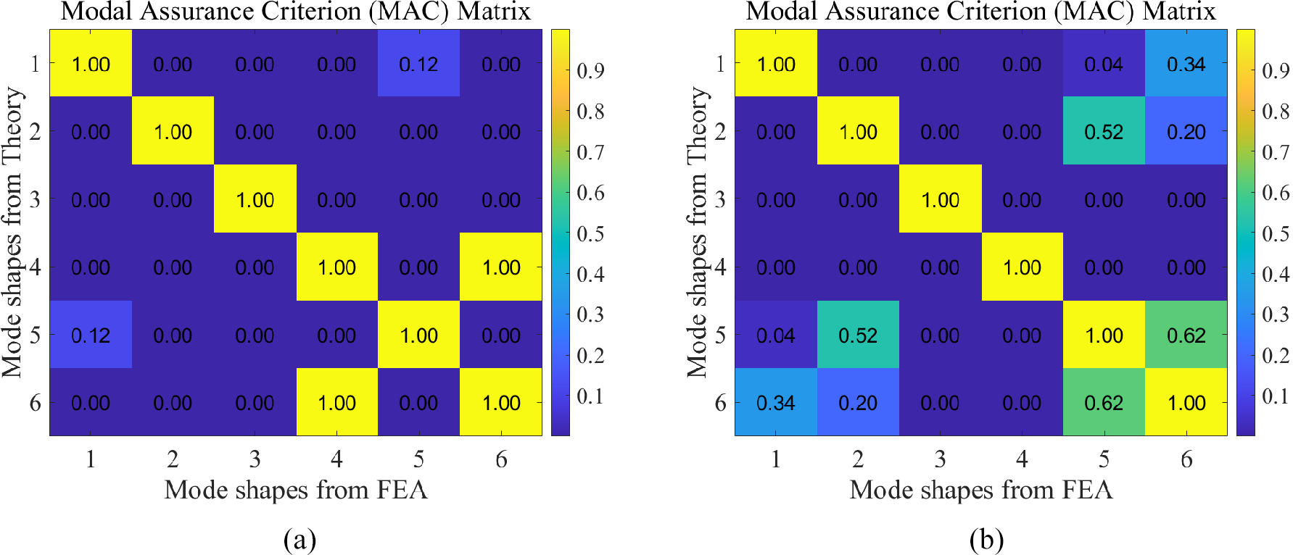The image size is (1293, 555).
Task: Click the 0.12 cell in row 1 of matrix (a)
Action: tap(418, 64)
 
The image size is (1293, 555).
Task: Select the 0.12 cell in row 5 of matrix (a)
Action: tap(91, 335)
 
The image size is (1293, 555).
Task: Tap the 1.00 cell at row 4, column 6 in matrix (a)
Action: tap(501, 267)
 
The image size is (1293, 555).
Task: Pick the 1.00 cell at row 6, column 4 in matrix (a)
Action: tap(336, 403)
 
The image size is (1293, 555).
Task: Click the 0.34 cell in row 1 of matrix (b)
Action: tap(1186, 64)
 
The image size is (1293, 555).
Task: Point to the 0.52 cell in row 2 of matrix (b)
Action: tap(1104, 132)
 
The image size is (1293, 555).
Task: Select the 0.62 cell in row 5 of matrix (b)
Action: tap(1186, 335)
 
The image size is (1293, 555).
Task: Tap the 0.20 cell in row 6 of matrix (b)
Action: tap(858, 403)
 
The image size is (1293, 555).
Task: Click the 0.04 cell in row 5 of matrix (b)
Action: tap(776, 335)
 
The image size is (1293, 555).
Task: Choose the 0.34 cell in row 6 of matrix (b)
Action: tap(776, 403)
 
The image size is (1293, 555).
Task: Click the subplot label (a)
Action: tap(300, 540)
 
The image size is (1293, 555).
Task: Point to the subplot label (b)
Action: tap(986, 540)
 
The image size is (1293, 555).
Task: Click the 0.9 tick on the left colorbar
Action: tap(590, 71)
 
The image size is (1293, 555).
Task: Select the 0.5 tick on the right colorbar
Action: tap(1276, 234)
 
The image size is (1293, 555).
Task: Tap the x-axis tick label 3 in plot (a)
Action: tap(255, 459)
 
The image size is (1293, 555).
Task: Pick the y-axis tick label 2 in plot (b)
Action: tap(720, 132)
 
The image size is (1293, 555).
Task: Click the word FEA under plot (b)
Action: tap(1087, 491)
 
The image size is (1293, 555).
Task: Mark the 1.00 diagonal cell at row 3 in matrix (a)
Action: tap(255, 199)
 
